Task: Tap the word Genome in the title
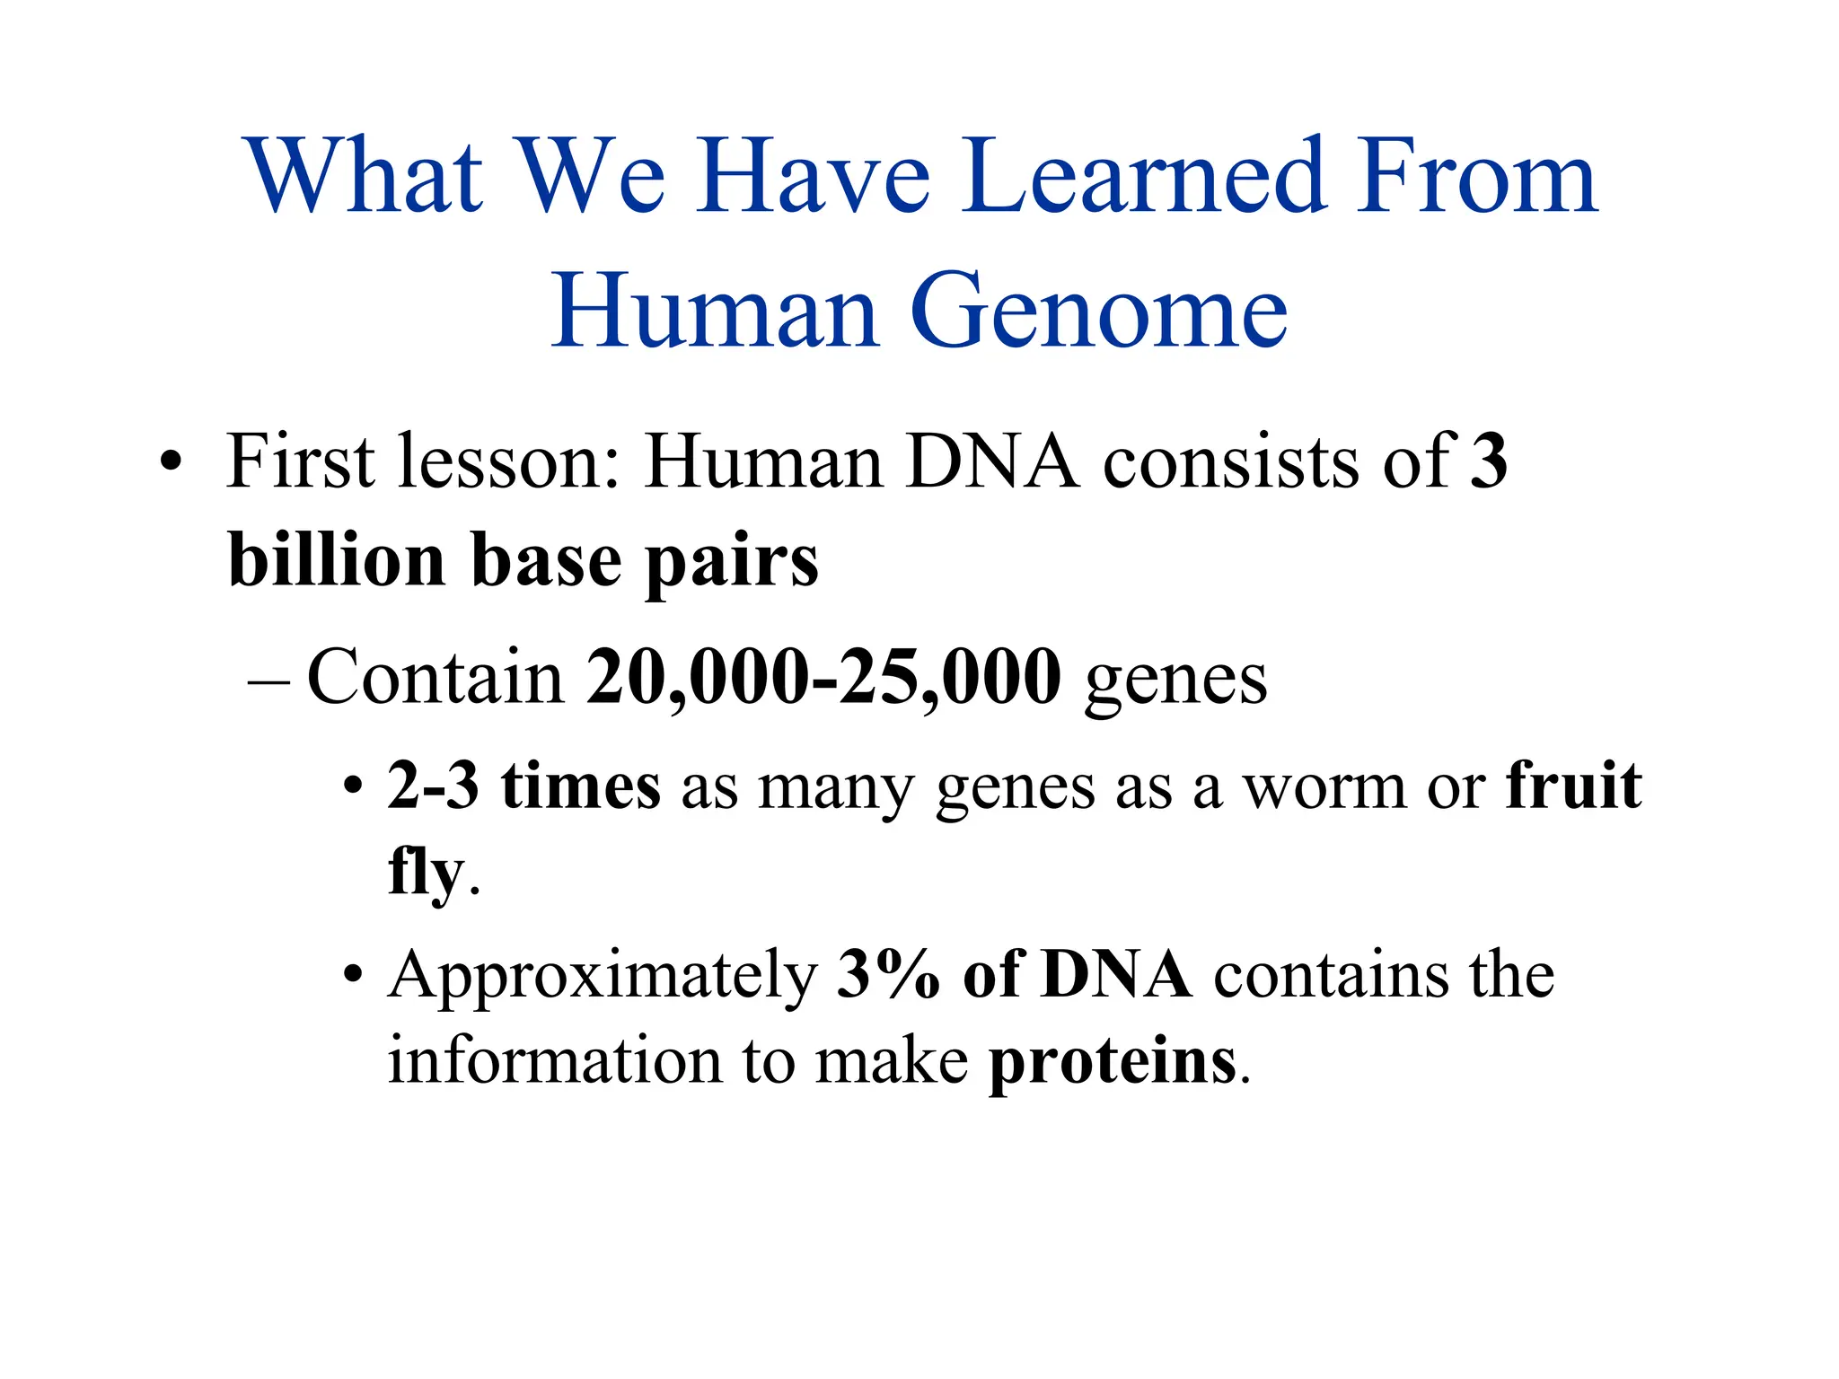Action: coord(1099,312)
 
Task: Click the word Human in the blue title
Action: coord(714,312)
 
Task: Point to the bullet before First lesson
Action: coord(170,464)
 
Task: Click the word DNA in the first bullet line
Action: coord(992,461)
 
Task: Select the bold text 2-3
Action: coord(433,786)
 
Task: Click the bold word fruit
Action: coord(1574,786)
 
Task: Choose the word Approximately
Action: coord(603,977)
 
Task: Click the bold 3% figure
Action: coord(887,975)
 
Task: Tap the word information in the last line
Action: coord(554,1061)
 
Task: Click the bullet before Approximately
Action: coord(354,976)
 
